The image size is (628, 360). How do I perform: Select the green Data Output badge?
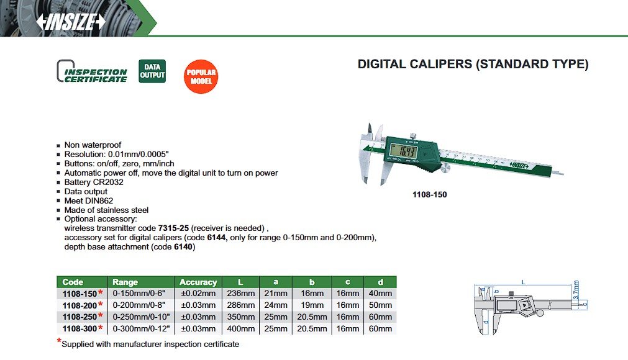(152, 71)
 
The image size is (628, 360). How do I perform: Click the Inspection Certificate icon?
(92, 72)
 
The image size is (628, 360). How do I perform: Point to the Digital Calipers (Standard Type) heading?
(473, 64)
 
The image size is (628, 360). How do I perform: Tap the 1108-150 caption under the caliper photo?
(429, 194)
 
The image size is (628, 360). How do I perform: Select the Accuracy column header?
(198, 282)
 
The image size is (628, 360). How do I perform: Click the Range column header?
(125, 282)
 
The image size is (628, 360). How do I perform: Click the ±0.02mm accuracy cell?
(198, 294)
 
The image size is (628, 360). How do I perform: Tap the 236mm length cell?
(240, 294)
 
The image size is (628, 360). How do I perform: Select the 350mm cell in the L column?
(240, 317)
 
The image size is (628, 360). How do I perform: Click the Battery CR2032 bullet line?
(94, 182)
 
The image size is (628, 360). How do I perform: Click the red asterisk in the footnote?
(59, 341)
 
